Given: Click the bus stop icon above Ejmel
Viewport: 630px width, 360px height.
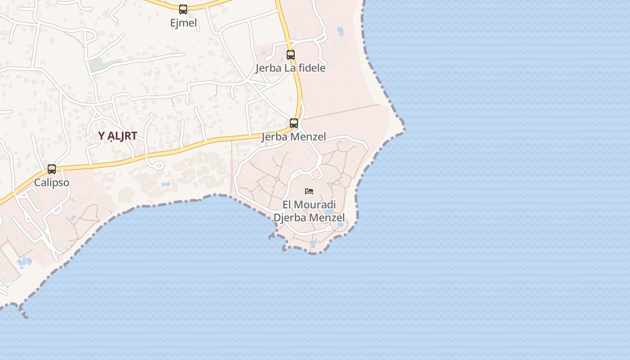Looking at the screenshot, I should [183, 9].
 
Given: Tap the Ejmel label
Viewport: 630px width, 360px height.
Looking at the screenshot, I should [184, 23].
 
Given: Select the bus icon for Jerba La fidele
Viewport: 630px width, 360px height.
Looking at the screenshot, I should [291, 55].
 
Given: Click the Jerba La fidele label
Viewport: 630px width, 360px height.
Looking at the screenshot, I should [290, 68].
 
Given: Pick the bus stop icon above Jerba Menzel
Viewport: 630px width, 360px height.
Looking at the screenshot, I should [294, 123].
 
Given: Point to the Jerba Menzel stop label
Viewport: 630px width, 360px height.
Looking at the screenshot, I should [294, 137].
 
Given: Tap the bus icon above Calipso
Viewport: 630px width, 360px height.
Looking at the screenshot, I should [52, 169].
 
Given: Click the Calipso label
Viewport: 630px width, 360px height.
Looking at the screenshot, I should [52, 183].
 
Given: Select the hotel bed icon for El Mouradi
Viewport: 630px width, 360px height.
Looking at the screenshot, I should [309, 191].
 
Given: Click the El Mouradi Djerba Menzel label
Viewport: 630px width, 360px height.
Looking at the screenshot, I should [309, 211].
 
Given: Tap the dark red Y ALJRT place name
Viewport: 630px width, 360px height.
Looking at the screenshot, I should [117, 136].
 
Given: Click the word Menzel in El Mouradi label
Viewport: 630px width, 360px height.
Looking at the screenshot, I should [328, 218].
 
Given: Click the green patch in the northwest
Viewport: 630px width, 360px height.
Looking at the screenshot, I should [99, 65].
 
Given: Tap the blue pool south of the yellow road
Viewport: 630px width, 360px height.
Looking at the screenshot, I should [166, 184].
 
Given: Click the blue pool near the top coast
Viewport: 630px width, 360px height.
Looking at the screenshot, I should [341, 31].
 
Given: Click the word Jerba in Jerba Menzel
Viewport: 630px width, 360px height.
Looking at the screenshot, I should [274, 137].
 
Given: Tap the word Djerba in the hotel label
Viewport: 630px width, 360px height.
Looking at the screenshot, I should [292, 218].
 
